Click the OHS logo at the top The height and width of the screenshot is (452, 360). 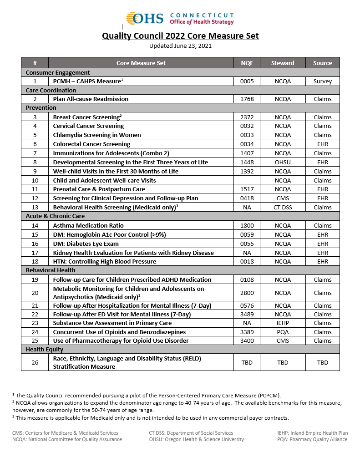point(180,18)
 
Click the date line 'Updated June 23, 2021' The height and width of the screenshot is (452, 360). point(180,46)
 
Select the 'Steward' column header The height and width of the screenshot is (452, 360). point(283,63)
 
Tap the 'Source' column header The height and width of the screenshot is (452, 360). point(322,63)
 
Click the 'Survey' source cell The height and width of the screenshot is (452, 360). point(322,81)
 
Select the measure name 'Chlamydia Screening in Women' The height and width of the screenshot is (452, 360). point(97,135)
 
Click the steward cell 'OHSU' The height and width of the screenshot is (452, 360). point(283,162)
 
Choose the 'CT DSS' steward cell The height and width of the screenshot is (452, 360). point(283,207)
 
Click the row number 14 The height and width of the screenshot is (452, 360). point(35,225)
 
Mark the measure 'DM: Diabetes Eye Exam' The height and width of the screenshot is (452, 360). point(86,244)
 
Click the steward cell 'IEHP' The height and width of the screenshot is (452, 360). point(283,323)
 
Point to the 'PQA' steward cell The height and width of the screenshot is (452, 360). point(283,332)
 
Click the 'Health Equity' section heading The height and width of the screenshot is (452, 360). point(45,349)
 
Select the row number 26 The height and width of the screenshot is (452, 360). point(35,362)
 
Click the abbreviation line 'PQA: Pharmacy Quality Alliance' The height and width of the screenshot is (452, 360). point(312,439)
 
